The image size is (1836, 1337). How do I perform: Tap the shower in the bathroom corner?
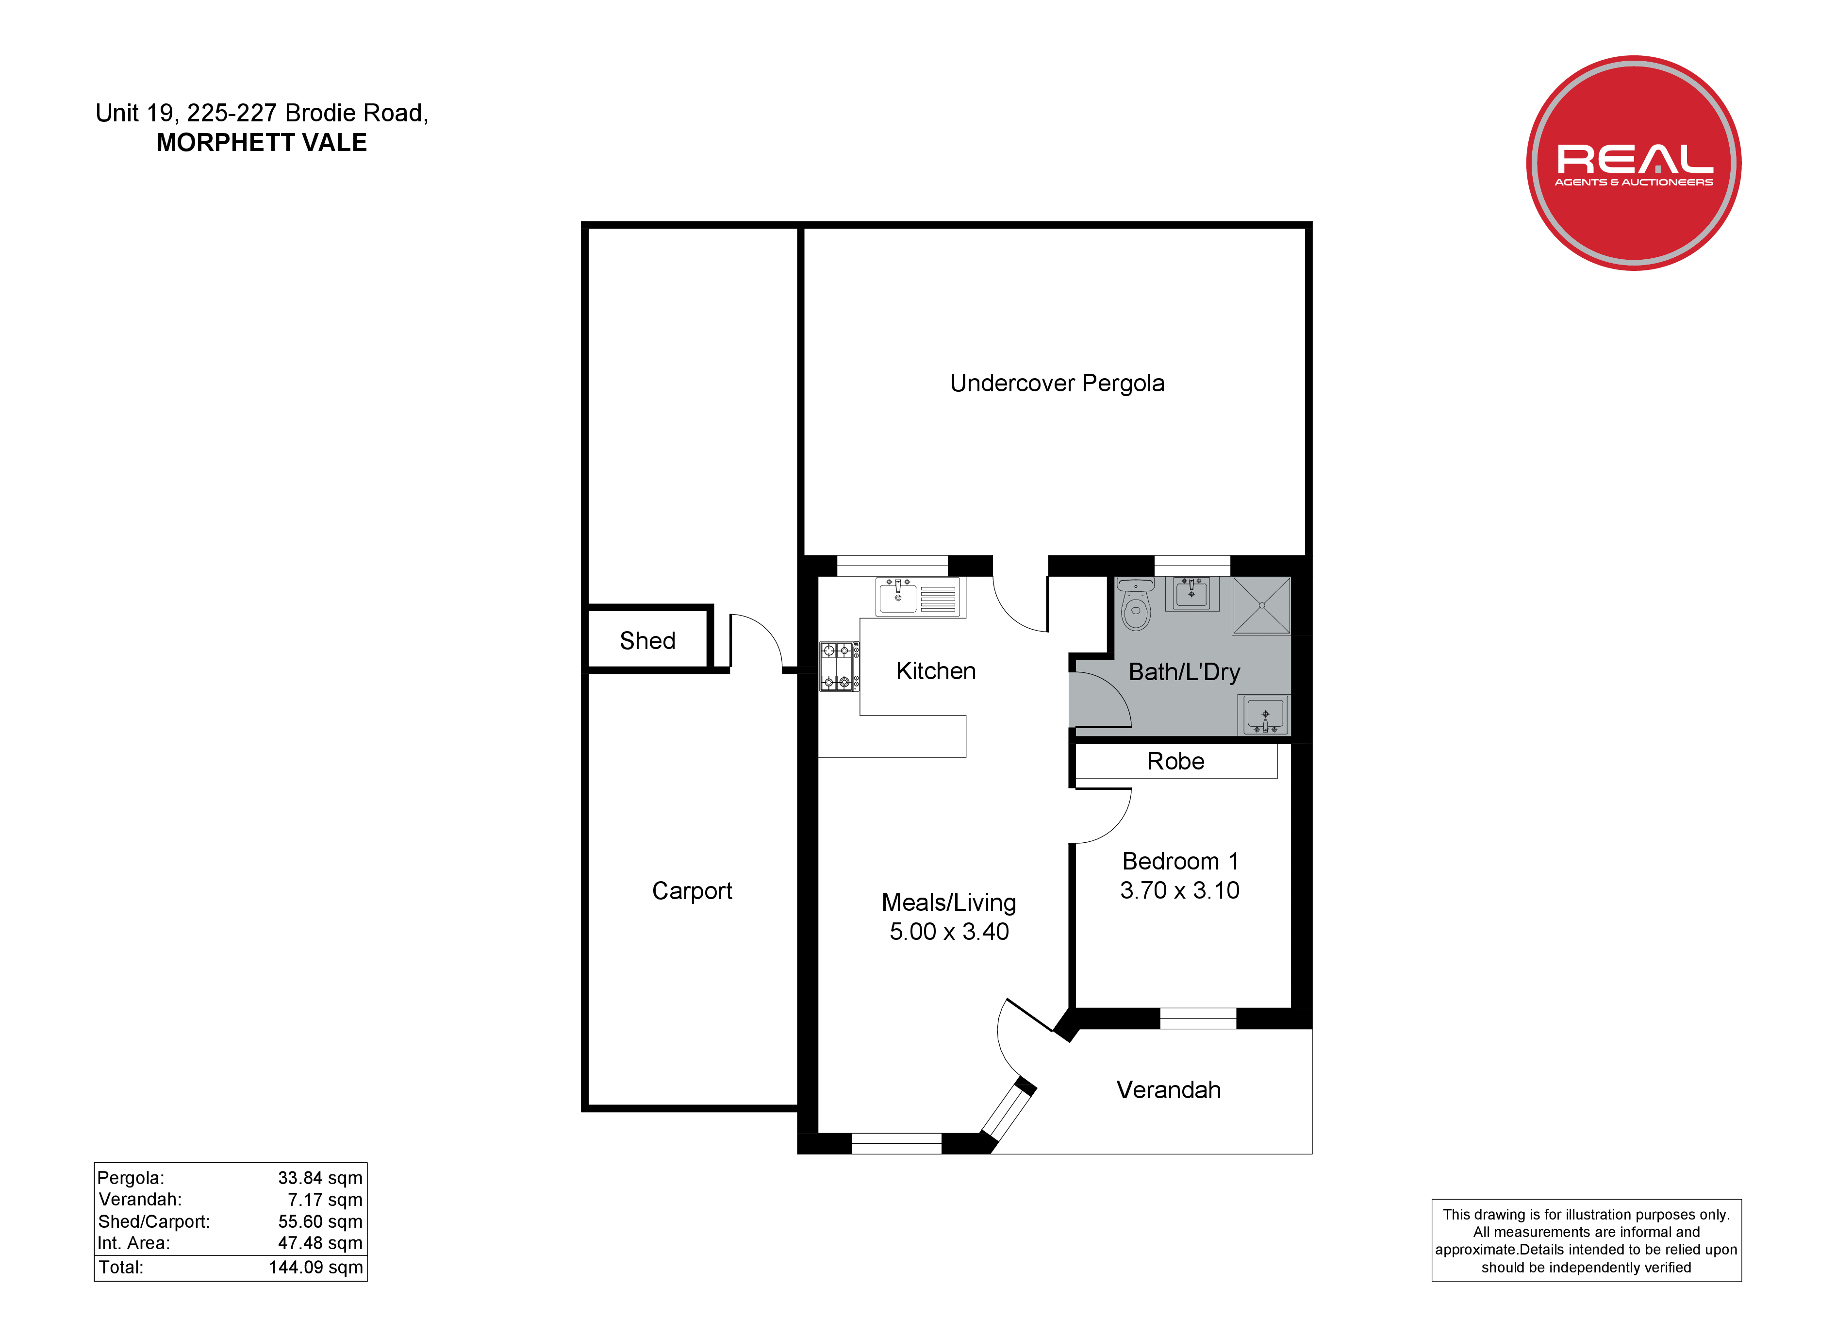1261,606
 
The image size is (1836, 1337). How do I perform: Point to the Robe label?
1175,761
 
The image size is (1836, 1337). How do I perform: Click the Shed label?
647,640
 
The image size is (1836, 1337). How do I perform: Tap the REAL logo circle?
1634,163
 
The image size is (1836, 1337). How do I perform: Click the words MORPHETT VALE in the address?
262,143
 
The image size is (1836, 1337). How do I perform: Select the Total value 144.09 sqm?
316,1268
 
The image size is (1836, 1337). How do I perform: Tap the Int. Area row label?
133,1244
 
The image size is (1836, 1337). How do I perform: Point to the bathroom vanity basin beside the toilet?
1191,594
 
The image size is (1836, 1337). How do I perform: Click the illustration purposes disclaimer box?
1587,1240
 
